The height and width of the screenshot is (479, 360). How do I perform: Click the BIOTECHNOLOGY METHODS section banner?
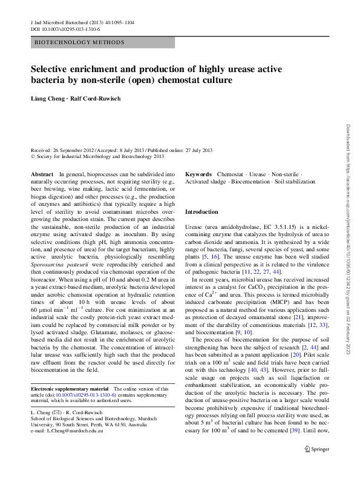pos(79,42)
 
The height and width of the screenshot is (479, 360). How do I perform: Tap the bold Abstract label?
pos(42,174)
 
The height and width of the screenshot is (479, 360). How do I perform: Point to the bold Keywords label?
pos(198,174)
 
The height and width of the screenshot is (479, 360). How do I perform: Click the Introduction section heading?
pos(201,212)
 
